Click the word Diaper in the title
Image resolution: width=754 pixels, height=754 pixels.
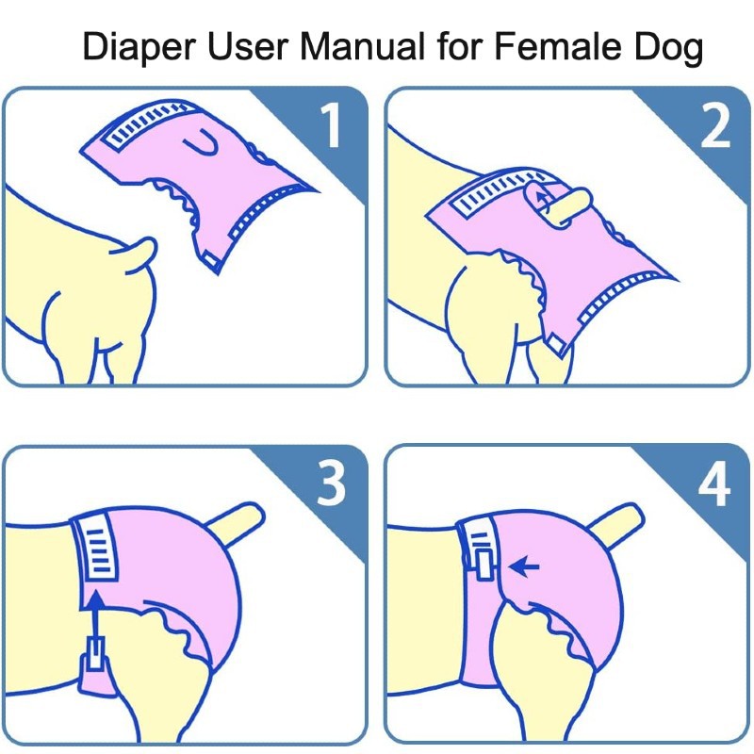point(139,46)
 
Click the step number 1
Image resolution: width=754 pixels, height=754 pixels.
point(331,125)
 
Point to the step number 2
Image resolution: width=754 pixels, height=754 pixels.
point(715,125)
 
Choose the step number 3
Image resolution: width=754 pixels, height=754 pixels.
point(331,484)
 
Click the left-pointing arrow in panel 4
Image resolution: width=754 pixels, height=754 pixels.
point(524,566)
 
